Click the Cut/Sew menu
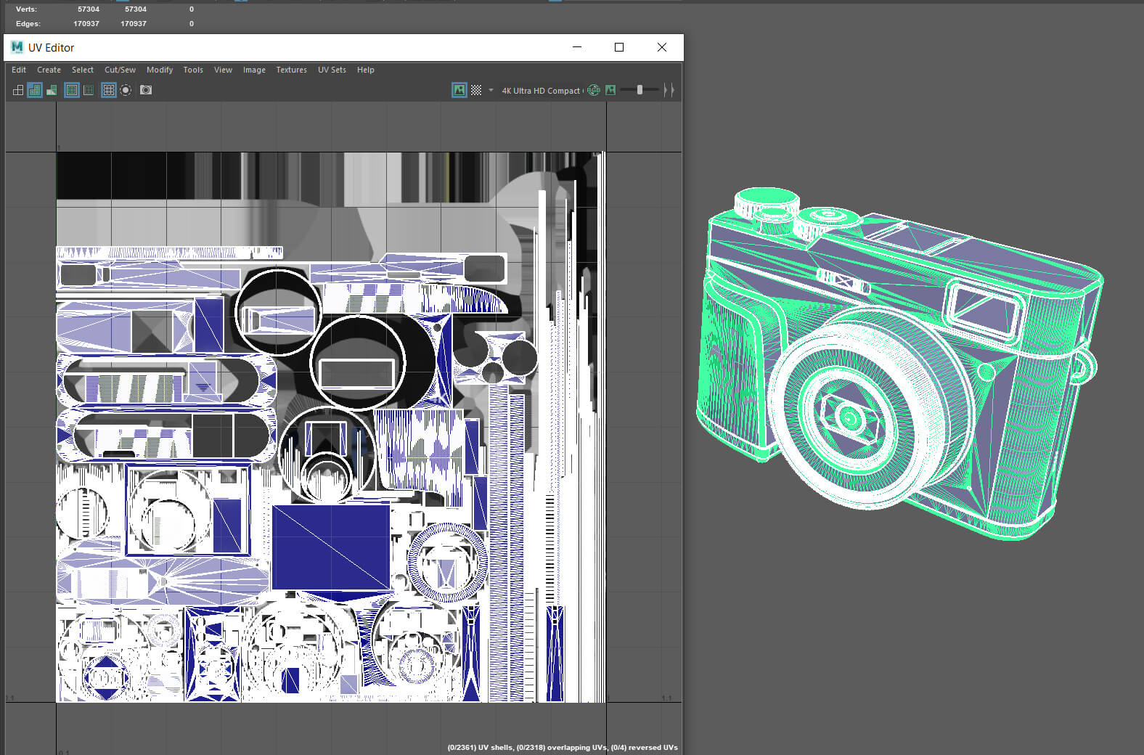120,70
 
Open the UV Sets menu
332,70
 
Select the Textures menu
291,70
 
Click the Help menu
366,70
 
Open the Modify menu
160,70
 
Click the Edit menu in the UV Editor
19,70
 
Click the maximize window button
619,47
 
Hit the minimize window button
577,47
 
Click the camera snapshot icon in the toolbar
146,90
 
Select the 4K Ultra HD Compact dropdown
541,91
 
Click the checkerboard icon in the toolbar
476,90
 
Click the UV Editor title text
51,48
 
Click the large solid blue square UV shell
331,547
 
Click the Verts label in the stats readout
26,9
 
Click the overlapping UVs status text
562,747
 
